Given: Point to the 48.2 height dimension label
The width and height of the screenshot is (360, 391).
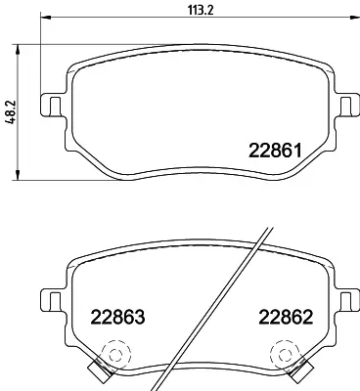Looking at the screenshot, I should (x=9, y=112).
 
